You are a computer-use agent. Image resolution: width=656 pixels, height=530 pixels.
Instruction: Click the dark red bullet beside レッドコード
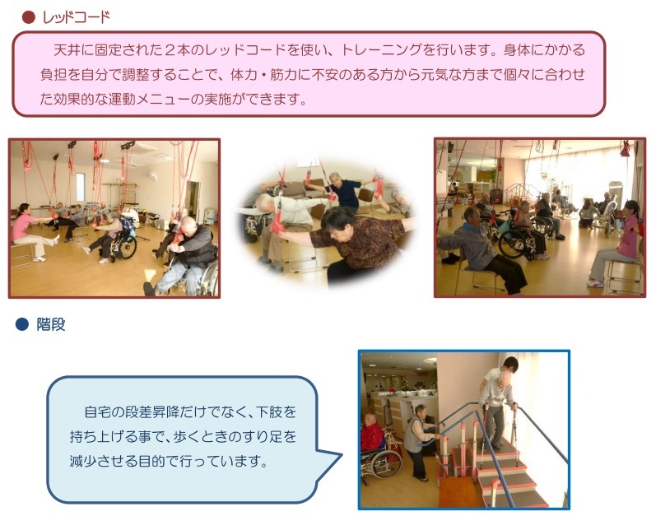pyautogui.click(x=29, y=17)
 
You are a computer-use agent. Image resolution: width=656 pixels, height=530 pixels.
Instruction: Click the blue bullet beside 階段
pyautogui.click(x=21, y=324)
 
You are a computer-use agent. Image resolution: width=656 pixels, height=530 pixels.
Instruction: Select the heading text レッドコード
pyautogui.click(x=77, y=17)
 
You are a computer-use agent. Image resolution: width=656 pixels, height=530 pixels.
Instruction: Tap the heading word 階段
pyautogui.click(x=51, y=324)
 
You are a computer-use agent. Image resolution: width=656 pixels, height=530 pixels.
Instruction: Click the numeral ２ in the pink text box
pyautogui.click(x=170, y=50)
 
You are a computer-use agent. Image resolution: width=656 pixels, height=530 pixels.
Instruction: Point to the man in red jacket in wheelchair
pyautogui.click(x=372, y=431)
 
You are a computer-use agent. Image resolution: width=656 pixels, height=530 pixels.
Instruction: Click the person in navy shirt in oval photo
pyautogui.click(x=343, y=191)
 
